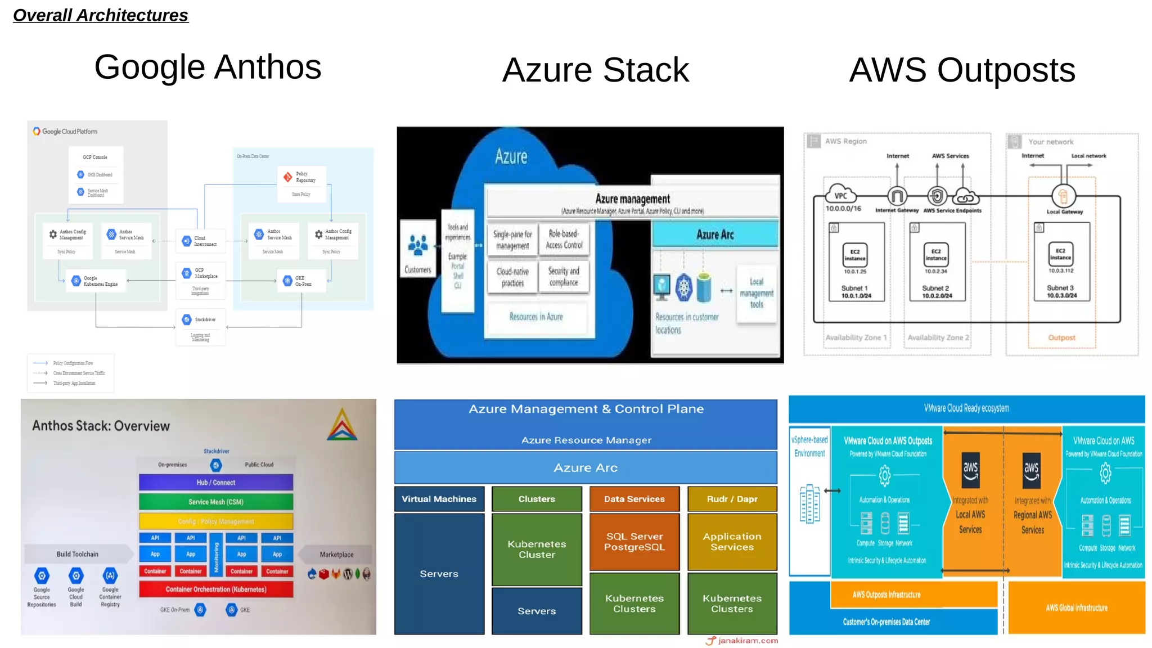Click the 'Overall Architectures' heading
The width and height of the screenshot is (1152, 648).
coord(101,15)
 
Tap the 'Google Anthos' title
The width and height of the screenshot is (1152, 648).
coord(208,67)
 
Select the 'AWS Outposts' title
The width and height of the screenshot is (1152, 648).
coord(962,70)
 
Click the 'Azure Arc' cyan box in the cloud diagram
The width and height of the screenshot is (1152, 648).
coord(715,235)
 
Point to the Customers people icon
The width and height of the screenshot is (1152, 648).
coord(417,245)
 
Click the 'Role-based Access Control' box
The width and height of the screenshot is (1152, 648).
coord(564,240)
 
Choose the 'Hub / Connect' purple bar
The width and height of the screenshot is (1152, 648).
coord(216,483)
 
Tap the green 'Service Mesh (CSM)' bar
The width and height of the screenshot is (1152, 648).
coord(216,502)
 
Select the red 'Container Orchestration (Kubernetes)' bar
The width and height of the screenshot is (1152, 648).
coord(216,589)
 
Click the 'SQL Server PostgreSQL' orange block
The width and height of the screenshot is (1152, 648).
coord(634,542)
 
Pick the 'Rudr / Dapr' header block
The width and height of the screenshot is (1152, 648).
coord(732,499)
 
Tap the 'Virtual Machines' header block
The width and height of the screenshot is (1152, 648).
coord(439,499)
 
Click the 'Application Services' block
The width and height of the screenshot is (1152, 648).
coord(732,542)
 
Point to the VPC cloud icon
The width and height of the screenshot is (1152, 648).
coord(840,194)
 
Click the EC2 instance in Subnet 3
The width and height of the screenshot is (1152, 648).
coord(1060,254)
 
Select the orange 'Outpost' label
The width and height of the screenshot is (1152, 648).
coord(1061,337)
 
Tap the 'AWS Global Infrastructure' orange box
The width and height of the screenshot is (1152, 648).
coord(1077,607)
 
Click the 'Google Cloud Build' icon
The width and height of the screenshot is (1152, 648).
coord(76,576)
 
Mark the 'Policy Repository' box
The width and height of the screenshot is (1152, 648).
coord(301,178)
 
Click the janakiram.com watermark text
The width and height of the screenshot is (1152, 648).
coord(748,641)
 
